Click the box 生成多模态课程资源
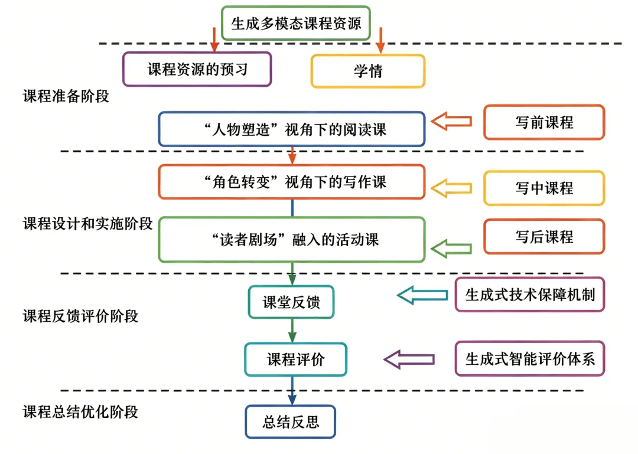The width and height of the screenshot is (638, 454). pos(295,23)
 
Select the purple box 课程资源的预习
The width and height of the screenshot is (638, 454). pos(197,69)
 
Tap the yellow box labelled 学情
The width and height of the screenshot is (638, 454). pos(367,71)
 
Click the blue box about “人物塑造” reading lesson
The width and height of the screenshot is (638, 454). pos(291,129)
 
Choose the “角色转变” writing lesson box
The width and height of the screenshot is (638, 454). pos(291,182)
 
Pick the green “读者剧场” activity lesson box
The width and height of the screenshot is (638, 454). pos(291,239)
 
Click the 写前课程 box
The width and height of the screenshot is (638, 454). pos(544,122)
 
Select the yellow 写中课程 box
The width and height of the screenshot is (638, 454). pos(544,188)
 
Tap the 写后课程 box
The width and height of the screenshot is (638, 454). pos(544,237)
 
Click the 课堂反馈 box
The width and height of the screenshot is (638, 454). pos(291,302)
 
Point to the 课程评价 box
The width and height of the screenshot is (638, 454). pos(295,359)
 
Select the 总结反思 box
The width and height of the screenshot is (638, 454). pos(290,422)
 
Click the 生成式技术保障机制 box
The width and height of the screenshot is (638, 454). pos(530,294)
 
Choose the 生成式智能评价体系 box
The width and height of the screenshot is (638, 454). pos(530,358)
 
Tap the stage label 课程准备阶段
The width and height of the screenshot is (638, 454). pos(66,96)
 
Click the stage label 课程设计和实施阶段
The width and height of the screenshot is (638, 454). pos(87,224)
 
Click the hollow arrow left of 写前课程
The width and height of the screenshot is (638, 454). pos(452,121)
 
